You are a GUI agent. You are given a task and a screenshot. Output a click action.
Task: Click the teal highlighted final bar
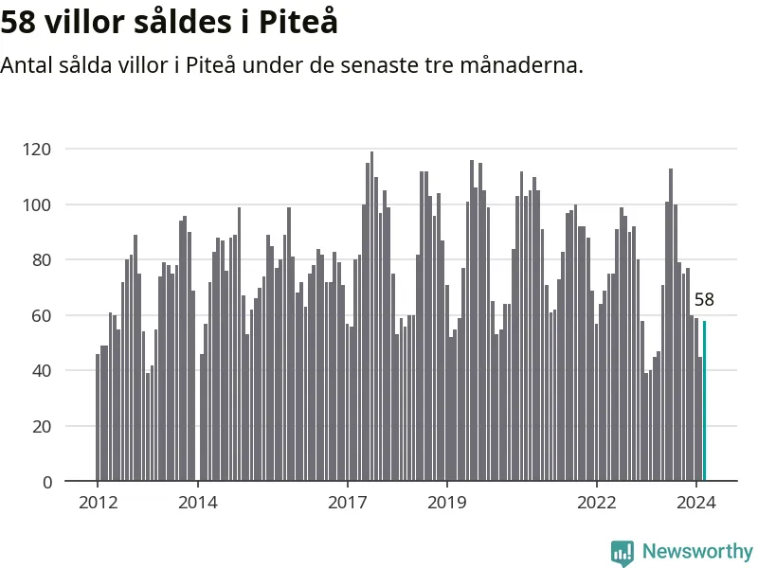coord(704,401)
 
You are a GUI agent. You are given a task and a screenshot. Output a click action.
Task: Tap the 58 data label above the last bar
coord(704,300)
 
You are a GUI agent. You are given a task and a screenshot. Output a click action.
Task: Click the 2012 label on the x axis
coord(98,503)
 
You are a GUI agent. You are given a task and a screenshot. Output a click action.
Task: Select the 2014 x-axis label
coord(197,503)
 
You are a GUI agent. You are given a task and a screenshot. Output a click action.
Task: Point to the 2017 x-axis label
coord(348,503)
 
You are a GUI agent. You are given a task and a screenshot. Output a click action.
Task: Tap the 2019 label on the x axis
coord(447,503)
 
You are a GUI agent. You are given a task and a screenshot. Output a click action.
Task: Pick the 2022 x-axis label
coord(597,503)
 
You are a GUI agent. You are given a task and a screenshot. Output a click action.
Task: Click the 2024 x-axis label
coord(696,503)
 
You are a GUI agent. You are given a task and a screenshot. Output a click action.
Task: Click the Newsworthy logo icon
coord(623,553)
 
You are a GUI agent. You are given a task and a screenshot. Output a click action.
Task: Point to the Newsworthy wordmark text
coord(697,552)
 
